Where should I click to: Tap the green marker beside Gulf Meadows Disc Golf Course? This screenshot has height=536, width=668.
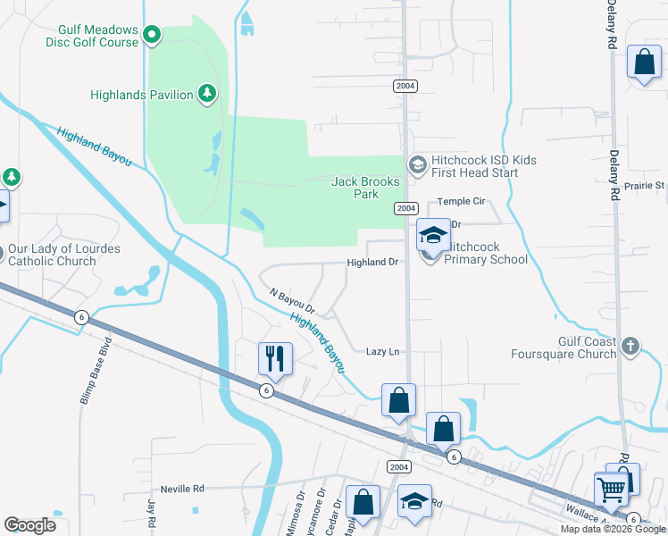[152, 36]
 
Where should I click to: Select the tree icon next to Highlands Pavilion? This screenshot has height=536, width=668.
[207, 93]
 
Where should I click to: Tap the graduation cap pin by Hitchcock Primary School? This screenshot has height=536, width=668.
[433, 236]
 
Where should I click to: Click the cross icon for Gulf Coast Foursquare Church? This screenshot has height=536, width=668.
[630, 345]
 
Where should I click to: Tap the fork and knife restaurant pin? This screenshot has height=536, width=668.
[276, 359]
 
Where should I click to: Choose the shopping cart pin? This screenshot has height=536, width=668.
[612, 490]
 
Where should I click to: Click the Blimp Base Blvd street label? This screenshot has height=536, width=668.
[97, 372]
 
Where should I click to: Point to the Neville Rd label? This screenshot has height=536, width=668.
[183, 489]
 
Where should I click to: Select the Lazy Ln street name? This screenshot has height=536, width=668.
[382, 352]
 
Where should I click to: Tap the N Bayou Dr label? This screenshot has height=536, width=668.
[294, 301]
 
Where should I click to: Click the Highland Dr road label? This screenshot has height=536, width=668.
[372, 263]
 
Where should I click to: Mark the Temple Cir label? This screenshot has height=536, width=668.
[460, 202]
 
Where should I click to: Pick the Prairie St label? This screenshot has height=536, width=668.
[647, 186]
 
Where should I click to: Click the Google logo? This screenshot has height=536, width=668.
[29, 525]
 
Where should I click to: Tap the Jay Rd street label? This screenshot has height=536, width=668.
[151, 513]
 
